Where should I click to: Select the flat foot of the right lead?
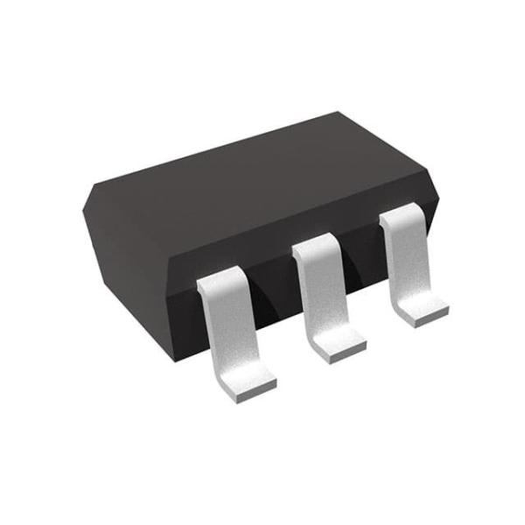424,311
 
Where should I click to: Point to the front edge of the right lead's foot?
430,320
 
